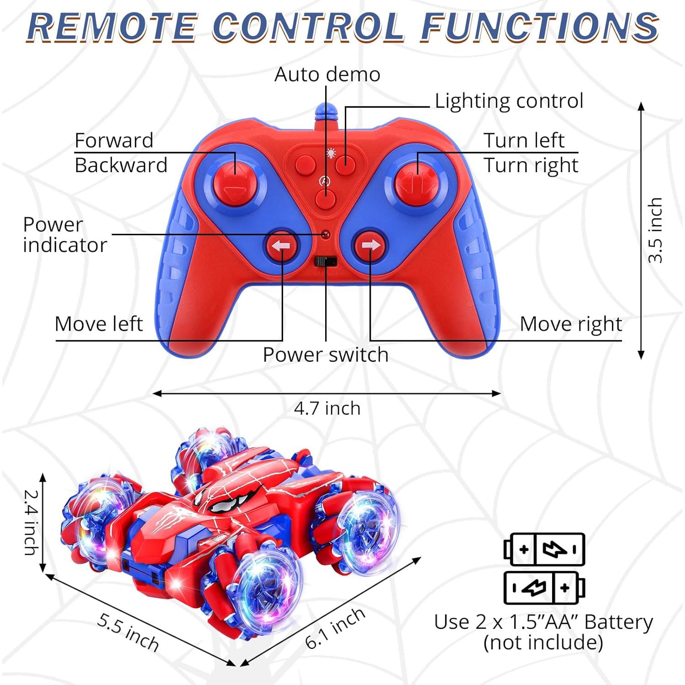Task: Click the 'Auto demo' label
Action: (x=327, y=74)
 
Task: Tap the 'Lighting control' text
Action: (x=509, y=101)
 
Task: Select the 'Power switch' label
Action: (x=326, y=355)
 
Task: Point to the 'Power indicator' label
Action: (x=64, y=235)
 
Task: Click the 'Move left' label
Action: (x=99, y=324)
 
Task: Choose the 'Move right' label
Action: (x=570, y=324)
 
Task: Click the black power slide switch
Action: (x=326, y=262)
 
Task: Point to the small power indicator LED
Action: (x=325, y=235)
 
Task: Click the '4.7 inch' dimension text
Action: (x=327, y=408)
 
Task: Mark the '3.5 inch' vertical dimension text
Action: (x=655, y=230)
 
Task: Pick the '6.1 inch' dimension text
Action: (x=335, y=628)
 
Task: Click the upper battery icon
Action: (x=544, y=549)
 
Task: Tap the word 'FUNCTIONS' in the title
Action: (x=539, y=26)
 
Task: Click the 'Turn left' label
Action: (x=524, y=140)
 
